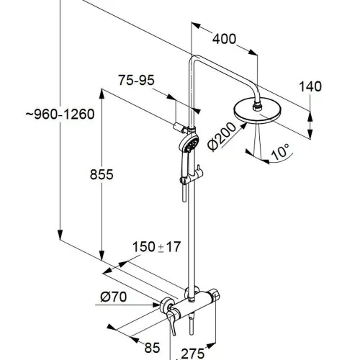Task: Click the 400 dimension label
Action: pos(225,39)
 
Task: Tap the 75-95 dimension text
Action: pos(136,80)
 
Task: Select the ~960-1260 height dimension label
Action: pos(60,114)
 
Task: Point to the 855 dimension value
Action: pos(102,174)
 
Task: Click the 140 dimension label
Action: pos(310,86)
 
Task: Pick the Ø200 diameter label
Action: pos(222,137)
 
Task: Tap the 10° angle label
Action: pos(281,151)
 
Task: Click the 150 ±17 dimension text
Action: pos(156,247)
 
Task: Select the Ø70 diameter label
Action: pos(114,297)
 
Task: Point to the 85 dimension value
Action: pos(152,348)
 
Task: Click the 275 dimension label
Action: pos(192,354)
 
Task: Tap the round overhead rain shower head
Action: pos(256,111)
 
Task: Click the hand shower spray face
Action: pos(192,143)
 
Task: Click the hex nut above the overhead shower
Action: pos(257,107)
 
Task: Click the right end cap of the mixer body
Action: pos(215,297)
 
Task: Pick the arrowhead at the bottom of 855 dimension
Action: pos(102,256)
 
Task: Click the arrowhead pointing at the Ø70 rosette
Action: pos(157,305)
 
